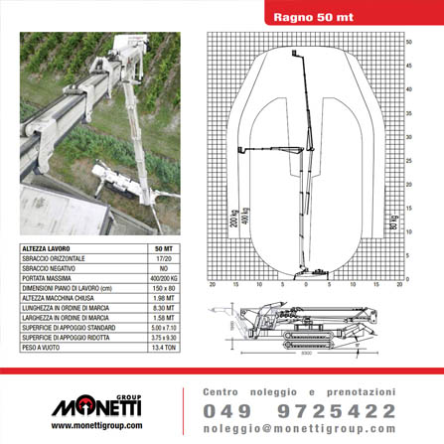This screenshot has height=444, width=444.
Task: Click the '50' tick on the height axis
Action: pos(408,42)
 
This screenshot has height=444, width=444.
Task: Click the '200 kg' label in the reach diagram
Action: pos(234,219)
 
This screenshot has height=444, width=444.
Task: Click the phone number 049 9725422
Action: pos(299,411)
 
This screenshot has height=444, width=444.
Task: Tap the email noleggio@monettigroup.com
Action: pos(299,429)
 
